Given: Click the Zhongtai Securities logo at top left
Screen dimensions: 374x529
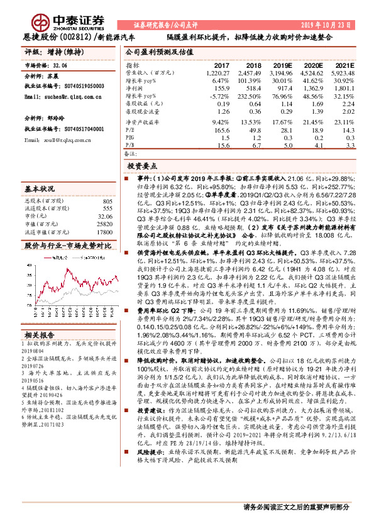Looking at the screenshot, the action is (x=57, y=18).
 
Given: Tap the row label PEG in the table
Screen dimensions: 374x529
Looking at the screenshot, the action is (x=131, y=137).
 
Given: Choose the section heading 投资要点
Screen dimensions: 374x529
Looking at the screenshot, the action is (x=141, y=166).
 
